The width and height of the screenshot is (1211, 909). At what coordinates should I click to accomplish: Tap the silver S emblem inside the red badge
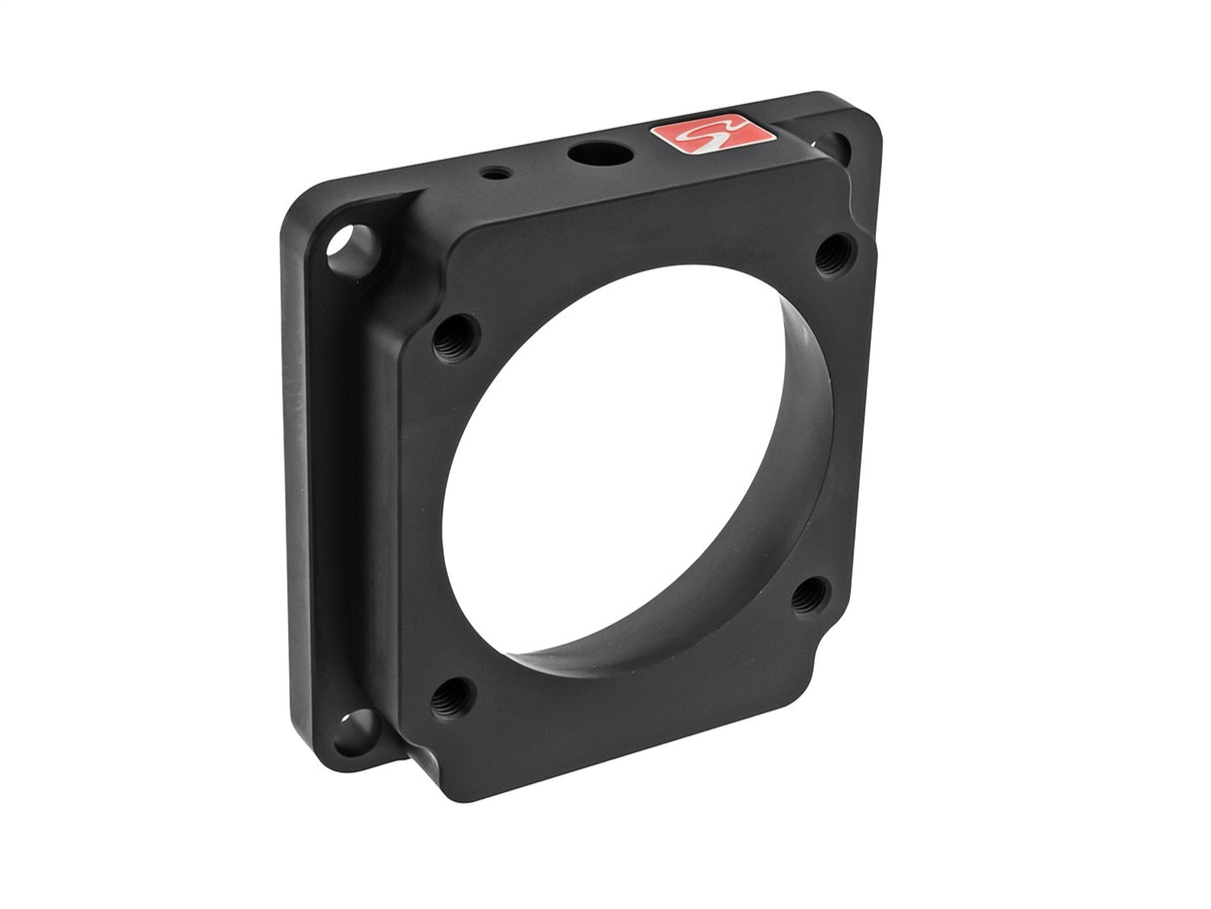point(712,135)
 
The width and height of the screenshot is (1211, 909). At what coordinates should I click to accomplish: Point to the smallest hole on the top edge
point(496,174)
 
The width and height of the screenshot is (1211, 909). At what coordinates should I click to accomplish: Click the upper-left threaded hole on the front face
point(456,337)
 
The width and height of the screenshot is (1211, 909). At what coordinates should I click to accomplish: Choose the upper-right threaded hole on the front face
point(834,254)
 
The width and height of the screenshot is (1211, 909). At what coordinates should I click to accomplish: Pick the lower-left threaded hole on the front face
point(453,697)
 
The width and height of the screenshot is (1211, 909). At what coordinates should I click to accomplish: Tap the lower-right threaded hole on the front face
point(810,596)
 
